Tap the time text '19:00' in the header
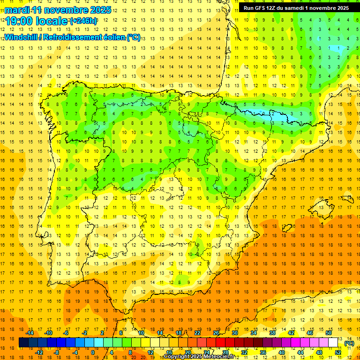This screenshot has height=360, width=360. [x=17, y=21]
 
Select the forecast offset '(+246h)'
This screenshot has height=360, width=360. [x=83, y=21]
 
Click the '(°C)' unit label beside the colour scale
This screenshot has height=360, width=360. [x=349, y=343]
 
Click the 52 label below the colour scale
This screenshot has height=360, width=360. [x=338, y=352]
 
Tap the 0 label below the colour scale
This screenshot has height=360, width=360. [x=93, y=352]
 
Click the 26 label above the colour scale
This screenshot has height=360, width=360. [x=216, y=333]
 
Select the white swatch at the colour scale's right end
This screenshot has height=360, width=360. [x=333, y=343]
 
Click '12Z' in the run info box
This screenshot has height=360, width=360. [x=275, y=8]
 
